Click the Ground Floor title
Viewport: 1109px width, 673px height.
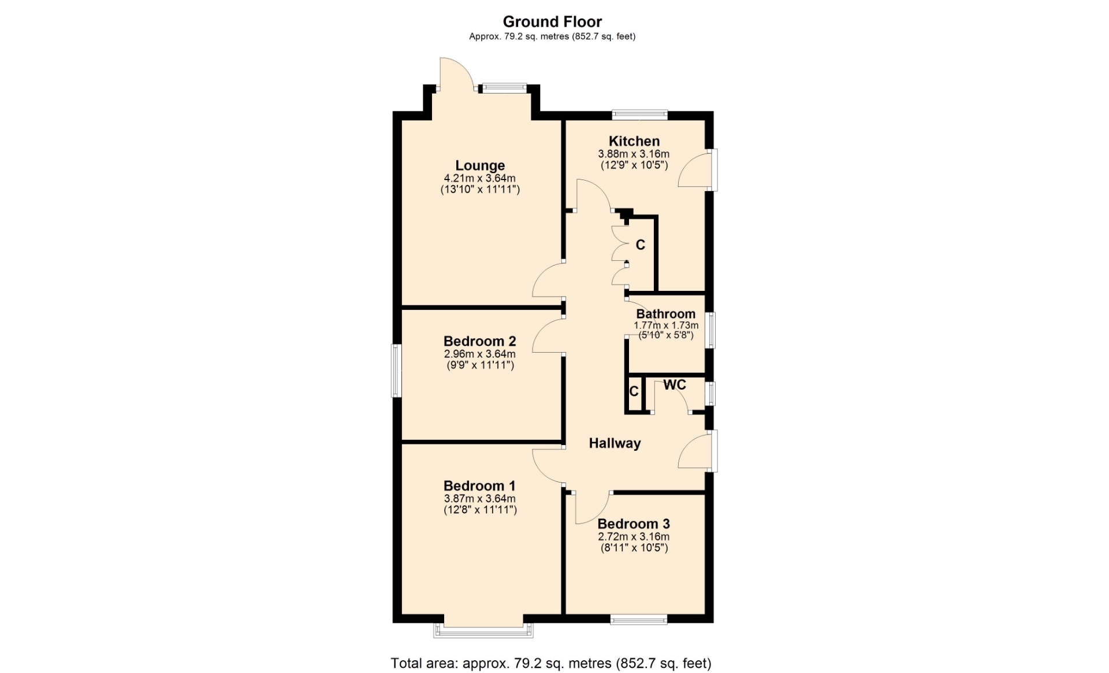[x=552, y=22]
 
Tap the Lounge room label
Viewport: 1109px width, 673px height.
[x=480, y=166]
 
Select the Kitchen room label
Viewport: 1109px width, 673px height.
[x=634, y=141]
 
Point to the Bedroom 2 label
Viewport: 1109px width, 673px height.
[x=479, y=341]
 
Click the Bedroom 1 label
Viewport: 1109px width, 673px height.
[x=479, y=486]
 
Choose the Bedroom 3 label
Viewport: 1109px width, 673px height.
[x=634, y=524]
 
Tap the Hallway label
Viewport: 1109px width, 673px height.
[x=615, y=443]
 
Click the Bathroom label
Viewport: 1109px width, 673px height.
[x=666, y=314]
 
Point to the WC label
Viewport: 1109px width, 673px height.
[x=675, y=385]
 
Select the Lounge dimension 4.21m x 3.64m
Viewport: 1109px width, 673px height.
[x=480, y=178]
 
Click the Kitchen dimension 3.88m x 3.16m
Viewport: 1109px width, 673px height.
[x=634, y=154]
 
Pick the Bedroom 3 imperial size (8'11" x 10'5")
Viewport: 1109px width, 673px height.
[x=634, y=548]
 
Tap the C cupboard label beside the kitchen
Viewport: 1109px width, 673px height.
[x=640, y=245]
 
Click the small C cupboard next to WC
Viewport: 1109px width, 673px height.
[x=634, y=391]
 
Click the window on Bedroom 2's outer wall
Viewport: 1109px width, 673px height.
[x=396, y=371]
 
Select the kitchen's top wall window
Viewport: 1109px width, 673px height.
[x=640, y=115]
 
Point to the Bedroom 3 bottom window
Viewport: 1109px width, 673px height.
[x=639, y=619]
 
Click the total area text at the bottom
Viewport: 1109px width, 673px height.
[x=551, y=664]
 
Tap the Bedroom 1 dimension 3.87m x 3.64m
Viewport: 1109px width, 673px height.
[x=479, y=499]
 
